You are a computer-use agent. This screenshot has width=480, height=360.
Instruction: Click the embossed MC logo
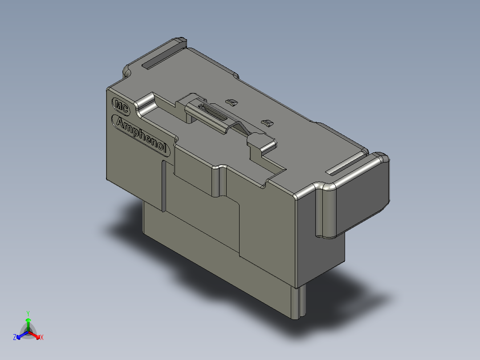121,106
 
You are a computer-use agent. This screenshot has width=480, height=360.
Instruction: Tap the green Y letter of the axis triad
28,313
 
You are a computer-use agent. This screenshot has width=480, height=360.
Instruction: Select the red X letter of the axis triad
42,338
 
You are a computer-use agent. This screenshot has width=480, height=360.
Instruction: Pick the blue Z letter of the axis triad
15,338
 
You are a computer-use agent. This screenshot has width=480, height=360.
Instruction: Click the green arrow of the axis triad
28,323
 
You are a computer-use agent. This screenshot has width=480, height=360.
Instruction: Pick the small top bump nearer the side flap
267,122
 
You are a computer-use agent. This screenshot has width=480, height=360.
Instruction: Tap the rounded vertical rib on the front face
216,181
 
